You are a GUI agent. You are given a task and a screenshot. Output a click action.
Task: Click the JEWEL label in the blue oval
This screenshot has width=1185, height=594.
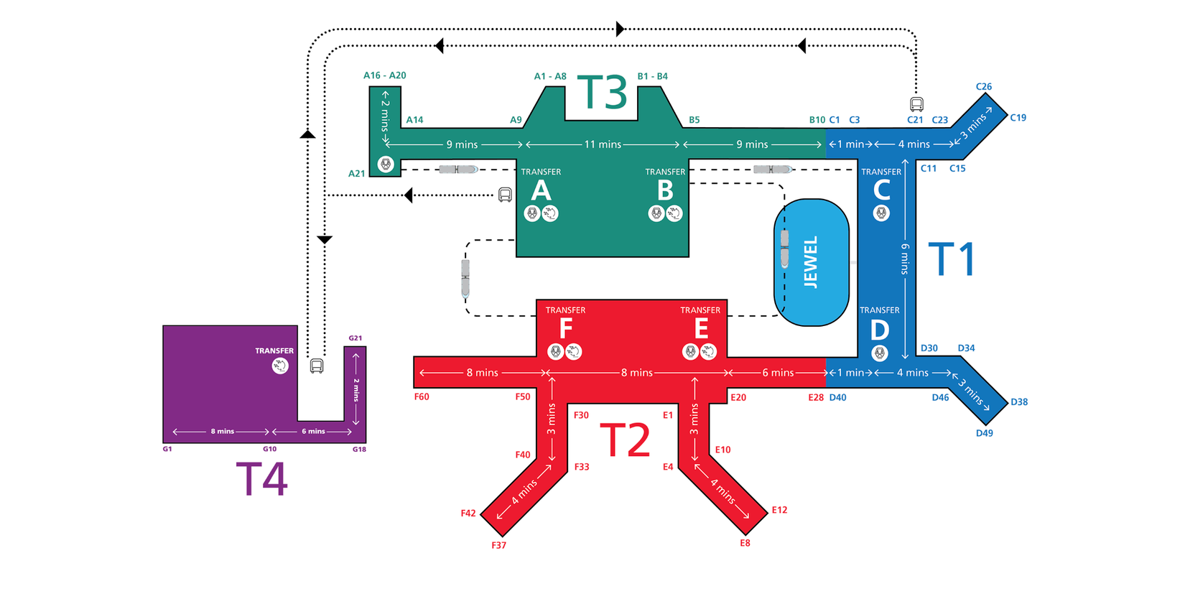point(811,263)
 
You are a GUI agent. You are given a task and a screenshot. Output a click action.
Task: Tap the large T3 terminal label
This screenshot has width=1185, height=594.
point(603,93)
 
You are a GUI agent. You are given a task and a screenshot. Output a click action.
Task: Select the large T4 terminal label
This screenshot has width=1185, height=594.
point(262,479)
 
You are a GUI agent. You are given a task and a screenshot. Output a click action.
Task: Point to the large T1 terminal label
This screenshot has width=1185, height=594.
point(952,259)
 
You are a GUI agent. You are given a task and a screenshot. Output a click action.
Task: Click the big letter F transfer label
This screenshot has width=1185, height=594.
point(566,329)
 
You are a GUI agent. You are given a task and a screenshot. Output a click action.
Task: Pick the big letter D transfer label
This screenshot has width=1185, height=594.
point(879,330)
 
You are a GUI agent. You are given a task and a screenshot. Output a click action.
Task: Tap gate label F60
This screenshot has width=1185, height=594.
point(422,396)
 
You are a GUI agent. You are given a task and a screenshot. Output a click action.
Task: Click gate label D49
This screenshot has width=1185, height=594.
point(984,433)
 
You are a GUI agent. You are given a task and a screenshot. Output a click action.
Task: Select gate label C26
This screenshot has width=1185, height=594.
point(983,87)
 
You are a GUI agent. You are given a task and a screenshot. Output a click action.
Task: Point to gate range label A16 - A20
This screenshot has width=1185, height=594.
point(384,75)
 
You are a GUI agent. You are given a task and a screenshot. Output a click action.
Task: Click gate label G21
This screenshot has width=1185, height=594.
point(355,338)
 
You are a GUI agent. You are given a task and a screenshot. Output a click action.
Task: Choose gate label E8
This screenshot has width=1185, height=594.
point(745,543)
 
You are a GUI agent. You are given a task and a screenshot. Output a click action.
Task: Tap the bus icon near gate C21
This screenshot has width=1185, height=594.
point(916,104)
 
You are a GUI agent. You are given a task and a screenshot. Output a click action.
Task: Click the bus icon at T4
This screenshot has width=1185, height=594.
point(317,366)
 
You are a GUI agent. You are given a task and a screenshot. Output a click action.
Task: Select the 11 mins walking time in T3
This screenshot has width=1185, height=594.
point(602,144)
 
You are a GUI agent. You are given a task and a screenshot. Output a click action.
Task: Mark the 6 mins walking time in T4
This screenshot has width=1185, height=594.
point(313,432)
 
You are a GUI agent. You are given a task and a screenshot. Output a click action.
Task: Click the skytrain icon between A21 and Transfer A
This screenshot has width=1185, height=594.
point(458,170)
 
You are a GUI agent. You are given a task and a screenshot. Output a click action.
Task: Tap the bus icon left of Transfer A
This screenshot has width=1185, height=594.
point(505,195)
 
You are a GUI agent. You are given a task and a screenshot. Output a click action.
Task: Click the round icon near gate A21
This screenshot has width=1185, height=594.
point(386,164)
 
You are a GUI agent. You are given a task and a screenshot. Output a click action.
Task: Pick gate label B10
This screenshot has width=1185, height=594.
point(817,120)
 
